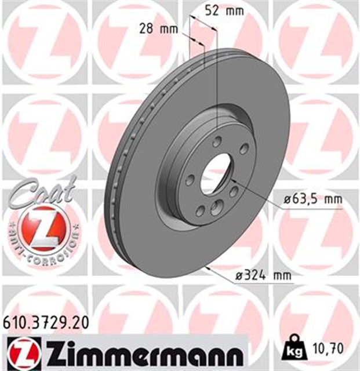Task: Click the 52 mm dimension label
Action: pyautogui.click(x=219, y=10)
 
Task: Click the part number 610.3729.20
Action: pyautogui.click(x=46, y=323)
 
